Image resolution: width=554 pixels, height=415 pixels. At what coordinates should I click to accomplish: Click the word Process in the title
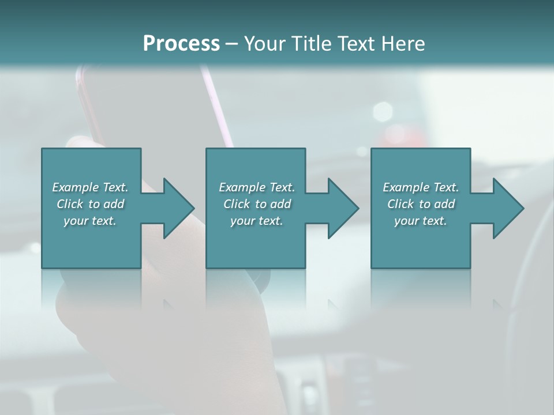tap(181, 44)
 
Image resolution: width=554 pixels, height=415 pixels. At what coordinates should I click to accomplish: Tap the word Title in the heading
tap(313, 44)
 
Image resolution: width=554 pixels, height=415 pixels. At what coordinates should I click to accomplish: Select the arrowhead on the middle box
tap(343, 208)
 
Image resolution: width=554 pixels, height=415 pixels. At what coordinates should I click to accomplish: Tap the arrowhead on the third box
tap(508, 208)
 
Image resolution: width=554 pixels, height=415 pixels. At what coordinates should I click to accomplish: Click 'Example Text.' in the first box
tap(90, 187)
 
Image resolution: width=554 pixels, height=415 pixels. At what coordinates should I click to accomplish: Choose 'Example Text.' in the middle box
tap(257, 187)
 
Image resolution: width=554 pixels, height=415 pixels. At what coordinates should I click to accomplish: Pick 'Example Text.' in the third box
tap(421, 187)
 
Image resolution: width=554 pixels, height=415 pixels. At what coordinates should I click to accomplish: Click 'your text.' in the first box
tap(90, 221)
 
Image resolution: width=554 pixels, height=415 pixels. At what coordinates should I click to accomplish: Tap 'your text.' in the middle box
tap(257, 221)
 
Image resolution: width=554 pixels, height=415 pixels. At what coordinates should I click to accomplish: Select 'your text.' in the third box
tap(421, 221)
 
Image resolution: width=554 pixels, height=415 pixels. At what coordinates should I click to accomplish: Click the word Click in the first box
tap(70, 204)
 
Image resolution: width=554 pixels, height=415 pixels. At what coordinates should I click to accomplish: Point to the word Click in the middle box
tap(237, 204)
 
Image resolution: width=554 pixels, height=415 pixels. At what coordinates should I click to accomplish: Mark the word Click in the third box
tap(400, 204)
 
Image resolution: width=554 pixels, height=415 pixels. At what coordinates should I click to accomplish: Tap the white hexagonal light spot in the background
tap(383, 111)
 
